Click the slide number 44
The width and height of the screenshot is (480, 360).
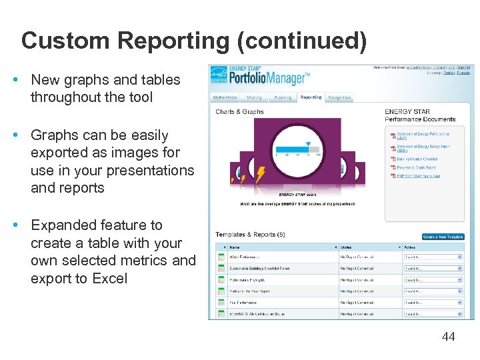(x=448, y=337)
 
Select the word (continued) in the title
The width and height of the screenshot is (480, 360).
(x=301, y=41)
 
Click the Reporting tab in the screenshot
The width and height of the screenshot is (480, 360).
(x=311, y=97)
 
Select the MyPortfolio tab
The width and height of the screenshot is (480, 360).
(x=225, y=97)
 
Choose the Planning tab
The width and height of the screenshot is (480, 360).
(x=283, y=97)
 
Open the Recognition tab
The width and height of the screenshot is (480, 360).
(x=339, y=97)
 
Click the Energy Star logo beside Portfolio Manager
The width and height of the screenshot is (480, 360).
(x=218, y=77)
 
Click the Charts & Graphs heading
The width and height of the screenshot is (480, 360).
(x=239, y=112)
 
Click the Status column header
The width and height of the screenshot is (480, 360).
(x=346, y=247)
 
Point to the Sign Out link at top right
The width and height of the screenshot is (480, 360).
(x=464, y=67)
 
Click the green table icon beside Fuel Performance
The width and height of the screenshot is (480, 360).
(x=221, y=303)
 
